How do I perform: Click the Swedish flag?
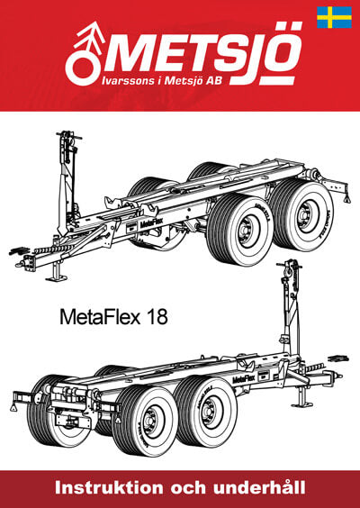click(334, 17)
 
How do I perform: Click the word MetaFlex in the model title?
click(100, 317)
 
